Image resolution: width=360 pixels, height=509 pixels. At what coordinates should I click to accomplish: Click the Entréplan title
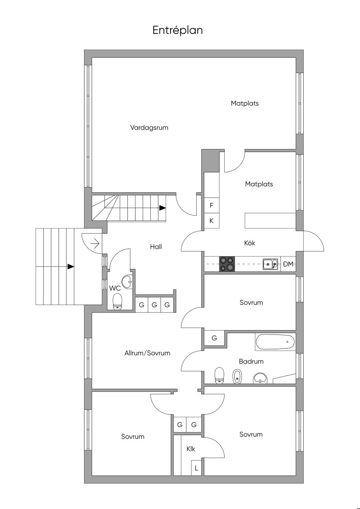click(178, 30)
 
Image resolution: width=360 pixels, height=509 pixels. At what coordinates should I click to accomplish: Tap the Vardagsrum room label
click(149, 128)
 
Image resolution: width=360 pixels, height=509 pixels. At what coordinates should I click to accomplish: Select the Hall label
click(156, 246)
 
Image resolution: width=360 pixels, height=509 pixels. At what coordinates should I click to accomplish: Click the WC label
click(115, 288)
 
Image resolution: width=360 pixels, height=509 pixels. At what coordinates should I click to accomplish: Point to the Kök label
click(250, 243)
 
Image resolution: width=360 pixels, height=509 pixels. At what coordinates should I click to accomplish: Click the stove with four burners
click(227, 264)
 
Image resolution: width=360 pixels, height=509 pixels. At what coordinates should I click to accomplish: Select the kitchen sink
click(270, 264)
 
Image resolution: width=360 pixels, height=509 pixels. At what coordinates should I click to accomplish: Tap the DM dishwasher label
click(288, 264)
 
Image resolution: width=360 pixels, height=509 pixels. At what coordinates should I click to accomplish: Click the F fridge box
click(212, 205)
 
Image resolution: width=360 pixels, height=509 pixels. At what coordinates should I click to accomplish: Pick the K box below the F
click(212, 221)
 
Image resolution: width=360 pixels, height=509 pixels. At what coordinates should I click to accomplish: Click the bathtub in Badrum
click(275, 342)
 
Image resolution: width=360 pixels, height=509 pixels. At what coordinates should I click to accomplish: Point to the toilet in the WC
click(117, 301)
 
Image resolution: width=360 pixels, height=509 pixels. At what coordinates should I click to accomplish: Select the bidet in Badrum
click(237, 376)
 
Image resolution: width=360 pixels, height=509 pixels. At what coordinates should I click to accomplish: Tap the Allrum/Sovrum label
click(147, 353)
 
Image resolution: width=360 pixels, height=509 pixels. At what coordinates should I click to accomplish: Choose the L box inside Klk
click(197, 468)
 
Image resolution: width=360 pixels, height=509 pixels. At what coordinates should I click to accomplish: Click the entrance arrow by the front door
click(95, 244)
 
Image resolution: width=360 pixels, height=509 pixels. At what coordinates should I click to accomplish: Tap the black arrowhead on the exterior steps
click(71, 266)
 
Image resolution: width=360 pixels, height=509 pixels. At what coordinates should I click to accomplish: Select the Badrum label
click(251, 361)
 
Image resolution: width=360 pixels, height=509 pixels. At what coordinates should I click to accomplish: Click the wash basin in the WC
click(127, 282)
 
